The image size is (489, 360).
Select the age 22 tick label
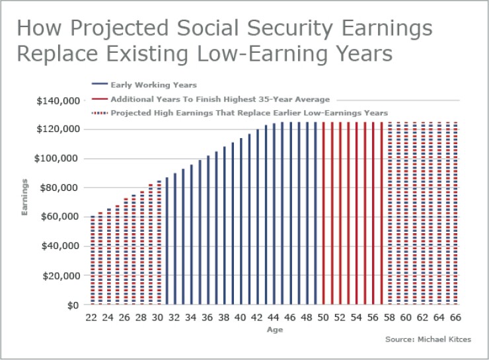point(92,317)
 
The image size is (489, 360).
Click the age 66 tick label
point(455,317)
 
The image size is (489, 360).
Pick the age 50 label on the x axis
point(323,317)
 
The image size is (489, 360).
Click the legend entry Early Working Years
point(153,85)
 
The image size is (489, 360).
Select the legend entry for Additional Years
point(220,99)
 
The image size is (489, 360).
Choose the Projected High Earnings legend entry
point(249,113)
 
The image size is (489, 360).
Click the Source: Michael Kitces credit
point(428,340)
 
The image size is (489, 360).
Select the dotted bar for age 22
point(93,261)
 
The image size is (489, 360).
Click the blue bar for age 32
point(175,239)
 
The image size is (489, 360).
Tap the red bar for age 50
point(323,213)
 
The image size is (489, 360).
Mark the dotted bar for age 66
point(455,213)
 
